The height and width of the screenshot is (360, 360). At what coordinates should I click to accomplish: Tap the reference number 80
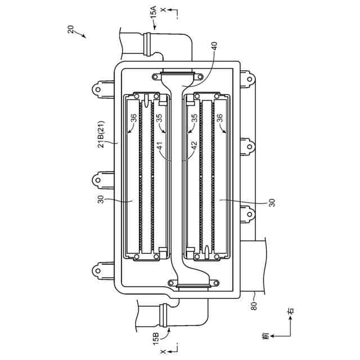[x=254, y=306]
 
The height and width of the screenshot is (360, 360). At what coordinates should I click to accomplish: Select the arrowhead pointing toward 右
[x=291, y=319]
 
